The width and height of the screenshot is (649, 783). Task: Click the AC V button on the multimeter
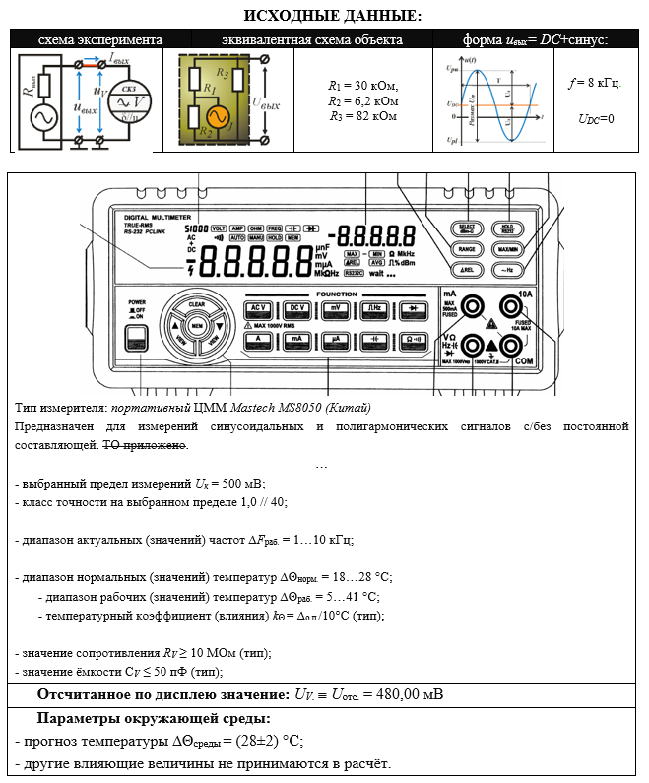(260, 308)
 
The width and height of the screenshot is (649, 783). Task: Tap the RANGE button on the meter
(468, 250)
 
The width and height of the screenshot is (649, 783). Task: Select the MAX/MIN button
(508, 250)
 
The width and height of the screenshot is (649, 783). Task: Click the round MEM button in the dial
(197, 325)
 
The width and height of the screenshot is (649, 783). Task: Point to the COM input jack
(511, 346)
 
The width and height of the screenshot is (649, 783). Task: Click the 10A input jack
(511, 306)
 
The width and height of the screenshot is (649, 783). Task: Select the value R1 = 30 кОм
(362, 86)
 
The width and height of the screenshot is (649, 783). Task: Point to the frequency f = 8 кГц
(595, 83)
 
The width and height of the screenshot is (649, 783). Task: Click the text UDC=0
(596, 119)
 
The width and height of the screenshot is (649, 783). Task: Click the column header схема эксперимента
(99, 39)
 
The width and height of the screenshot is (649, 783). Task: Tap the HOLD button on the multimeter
(508, 228)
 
